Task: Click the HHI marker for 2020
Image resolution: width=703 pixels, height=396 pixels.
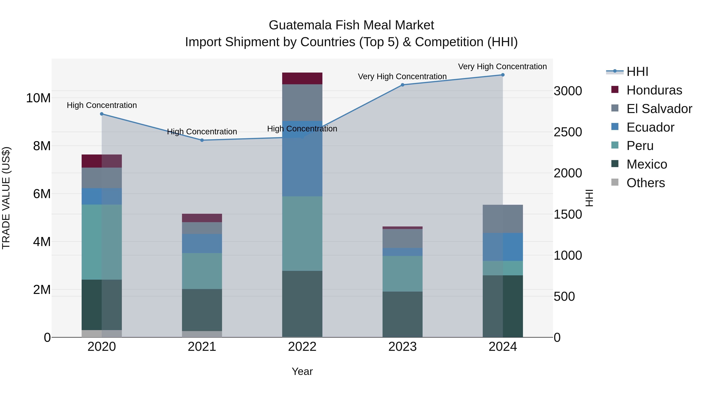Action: coord(102,114)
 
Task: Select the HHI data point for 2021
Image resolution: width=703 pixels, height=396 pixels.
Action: coord(202,140)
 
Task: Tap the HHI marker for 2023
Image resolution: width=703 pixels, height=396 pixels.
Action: coord(402,85)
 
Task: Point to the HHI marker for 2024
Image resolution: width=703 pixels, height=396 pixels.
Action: coord(503,75)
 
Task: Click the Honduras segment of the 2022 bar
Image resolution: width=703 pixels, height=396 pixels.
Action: coord(302,78)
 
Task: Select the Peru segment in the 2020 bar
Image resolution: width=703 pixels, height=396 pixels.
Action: coord(102,242)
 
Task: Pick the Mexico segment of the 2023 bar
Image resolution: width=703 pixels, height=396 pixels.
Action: coord(402,314)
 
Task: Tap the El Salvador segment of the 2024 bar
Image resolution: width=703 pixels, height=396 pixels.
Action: coord(503,219)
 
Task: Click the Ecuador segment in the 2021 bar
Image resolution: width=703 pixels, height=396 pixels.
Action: coord(202,243)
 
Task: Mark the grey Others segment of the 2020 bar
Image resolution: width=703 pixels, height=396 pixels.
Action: coord(102,334)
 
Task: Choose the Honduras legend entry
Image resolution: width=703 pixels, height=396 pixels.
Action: coord(654,90)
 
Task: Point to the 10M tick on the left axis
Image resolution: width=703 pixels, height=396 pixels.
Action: coord(38,98)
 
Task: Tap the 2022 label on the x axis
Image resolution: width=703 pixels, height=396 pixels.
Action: coord(302,347)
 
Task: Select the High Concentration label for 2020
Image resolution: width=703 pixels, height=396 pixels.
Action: coord(102,105)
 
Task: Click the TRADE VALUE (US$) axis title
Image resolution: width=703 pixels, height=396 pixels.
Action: coord(6,198)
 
